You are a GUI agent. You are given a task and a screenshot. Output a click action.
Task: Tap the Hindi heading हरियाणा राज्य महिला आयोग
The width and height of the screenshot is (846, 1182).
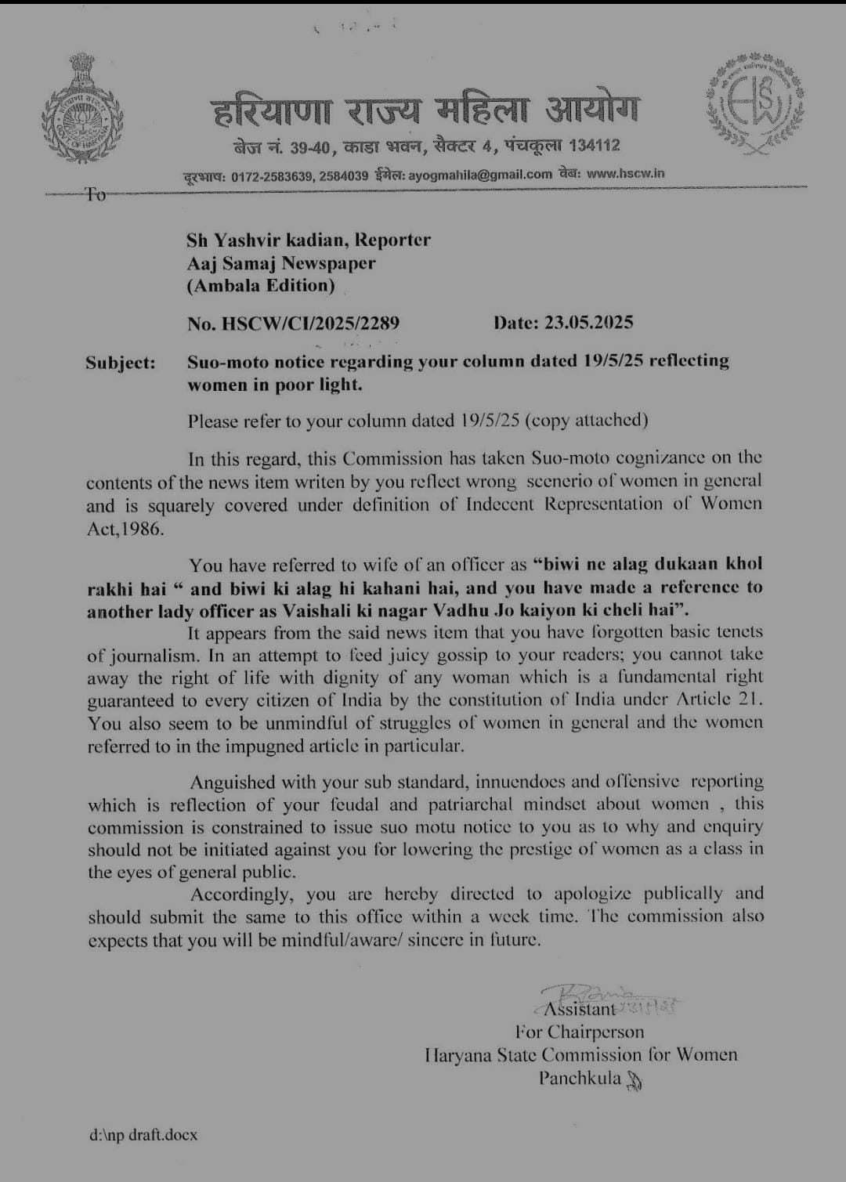425,111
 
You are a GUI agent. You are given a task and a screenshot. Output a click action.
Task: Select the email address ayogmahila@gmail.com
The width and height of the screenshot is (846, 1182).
480,175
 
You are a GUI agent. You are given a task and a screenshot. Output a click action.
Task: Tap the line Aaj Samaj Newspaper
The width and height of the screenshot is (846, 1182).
281,263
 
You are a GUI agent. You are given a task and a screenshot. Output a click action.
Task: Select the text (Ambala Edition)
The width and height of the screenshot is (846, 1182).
261,286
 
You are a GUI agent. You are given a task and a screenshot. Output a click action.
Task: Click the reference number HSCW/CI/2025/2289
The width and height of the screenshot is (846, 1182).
311,323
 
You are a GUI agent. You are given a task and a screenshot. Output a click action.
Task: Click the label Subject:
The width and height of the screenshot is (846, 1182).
121,363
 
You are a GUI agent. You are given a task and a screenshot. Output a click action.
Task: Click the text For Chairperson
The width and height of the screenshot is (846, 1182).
580,1032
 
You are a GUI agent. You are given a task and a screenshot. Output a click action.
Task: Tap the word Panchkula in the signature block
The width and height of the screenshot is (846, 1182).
580,1078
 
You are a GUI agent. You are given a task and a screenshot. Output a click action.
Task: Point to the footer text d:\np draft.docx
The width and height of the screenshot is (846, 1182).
143,1134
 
